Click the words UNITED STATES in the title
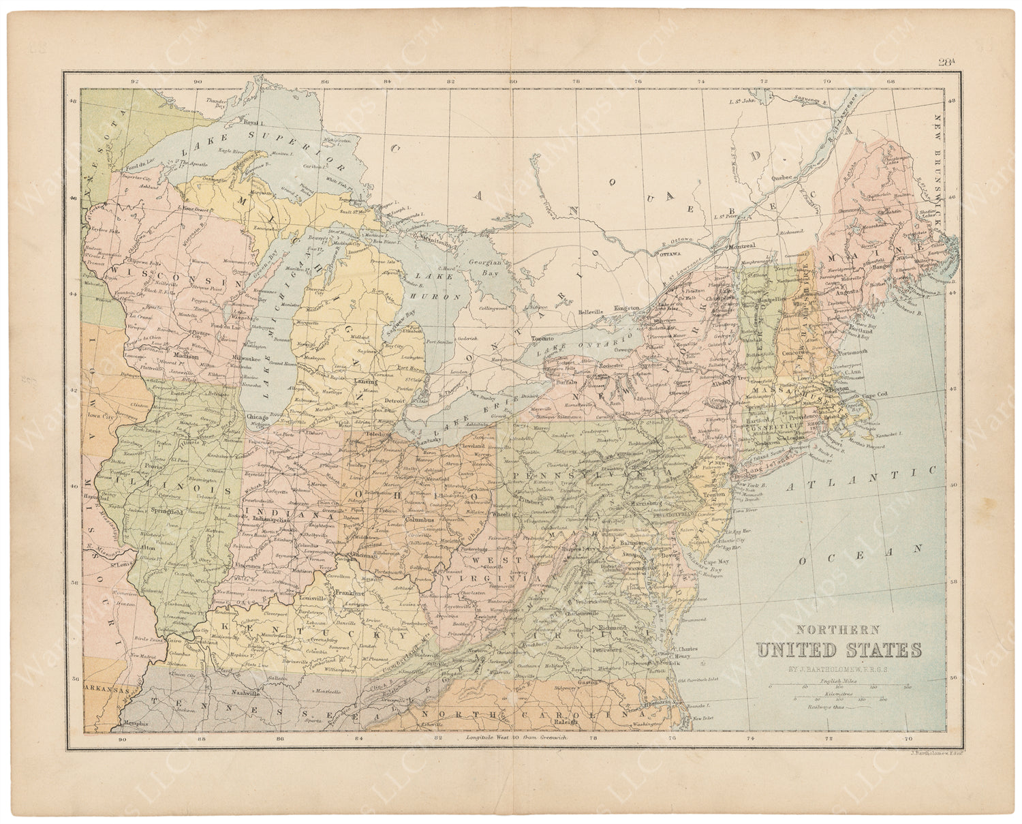point(838,650)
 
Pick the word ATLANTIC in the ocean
point(861,480)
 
